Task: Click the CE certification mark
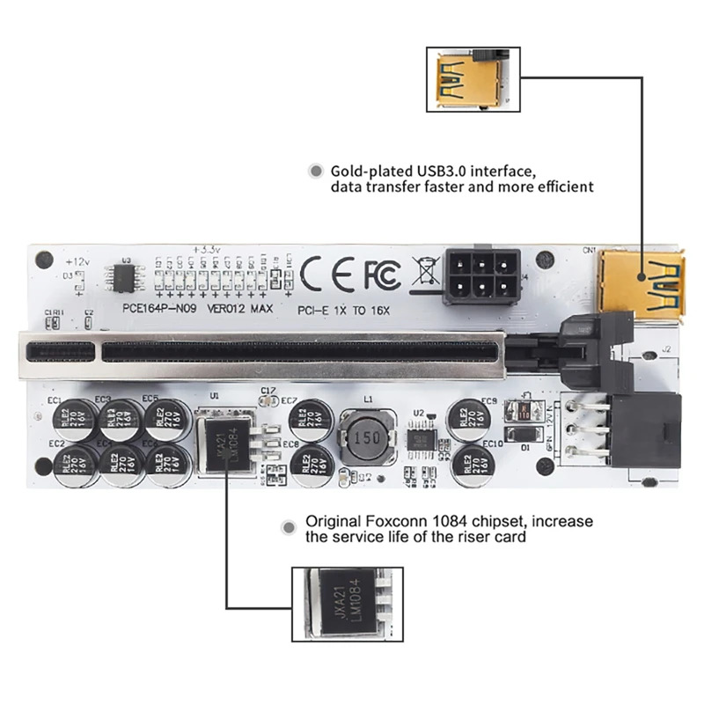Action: click(x=329, y=274)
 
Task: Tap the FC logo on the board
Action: click(x=381, y=275)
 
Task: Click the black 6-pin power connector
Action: click(x=480, y=273)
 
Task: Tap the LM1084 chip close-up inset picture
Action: click(x=348, y=605)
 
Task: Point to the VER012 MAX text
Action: click(x=239, y=310)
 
